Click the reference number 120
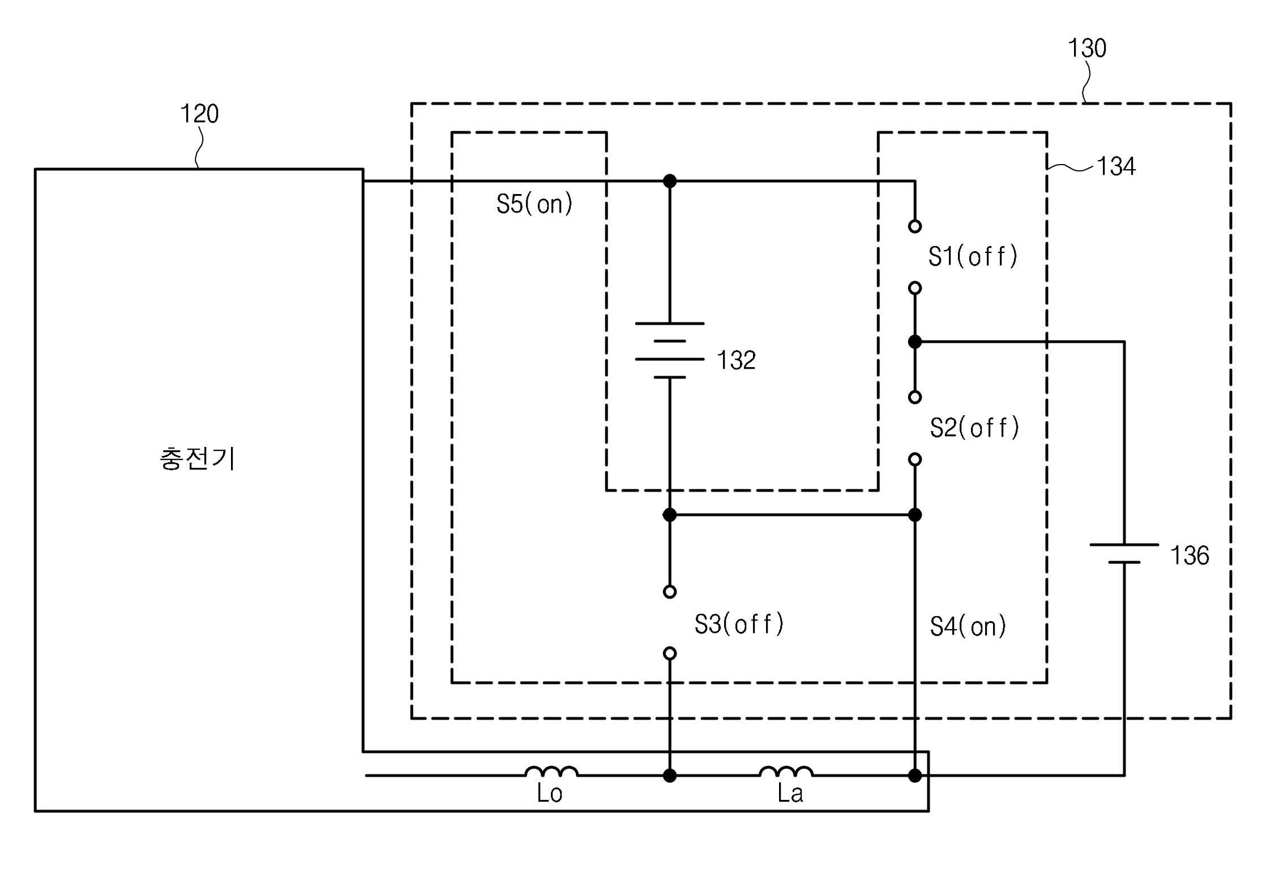coord(199,114)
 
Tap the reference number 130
coord(1087,48)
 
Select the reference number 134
coord(1116,166)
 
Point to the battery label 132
coord(736,360)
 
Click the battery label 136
coord(1190,556)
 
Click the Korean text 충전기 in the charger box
coord(198,459)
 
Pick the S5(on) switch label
coord(534,204)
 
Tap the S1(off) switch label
coord(973,257)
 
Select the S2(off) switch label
coord(974,428)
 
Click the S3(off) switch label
coord(739,624)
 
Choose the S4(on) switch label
coord(968,626)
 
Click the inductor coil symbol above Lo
coord(551,772)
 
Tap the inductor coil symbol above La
coord(786,772)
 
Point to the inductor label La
coord(790,794)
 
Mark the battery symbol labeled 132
coord(670,350)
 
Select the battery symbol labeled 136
coord(1124,553)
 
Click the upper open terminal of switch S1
coord(915,226)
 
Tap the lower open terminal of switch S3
coord(670,653)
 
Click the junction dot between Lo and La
coord(670,776)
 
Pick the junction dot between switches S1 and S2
coord(915,342)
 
